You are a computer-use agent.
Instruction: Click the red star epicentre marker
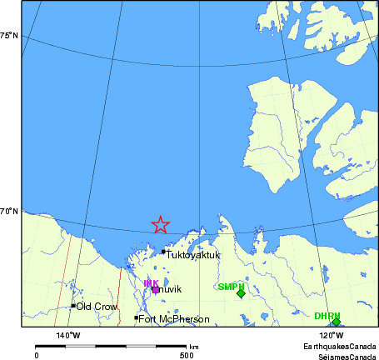click(x=161, y=224)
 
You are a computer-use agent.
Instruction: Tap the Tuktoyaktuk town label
click(x=193, y=255)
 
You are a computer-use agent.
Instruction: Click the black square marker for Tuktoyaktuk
click(x=163, y=251)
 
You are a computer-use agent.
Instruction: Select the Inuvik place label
click(x=167, y=289)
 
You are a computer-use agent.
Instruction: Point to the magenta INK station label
click(x=151, y=283)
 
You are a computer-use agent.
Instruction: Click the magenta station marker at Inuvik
click(x=155, y=290)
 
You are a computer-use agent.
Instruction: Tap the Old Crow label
click(x=96, y=307)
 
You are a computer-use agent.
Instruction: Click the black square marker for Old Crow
click(x=73, y=306)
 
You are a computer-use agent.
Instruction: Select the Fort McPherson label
click(x=173, y=318)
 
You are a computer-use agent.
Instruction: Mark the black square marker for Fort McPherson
click(x=136, y=317)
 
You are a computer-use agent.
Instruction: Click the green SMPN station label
click(x=230, y=287)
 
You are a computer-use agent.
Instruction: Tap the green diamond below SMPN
click(x=241, y=293)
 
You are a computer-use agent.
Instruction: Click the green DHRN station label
click(x=327, y=316)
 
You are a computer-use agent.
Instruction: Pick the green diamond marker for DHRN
click(x=336, y=322)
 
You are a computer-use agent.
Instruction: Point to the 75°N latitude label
click(x=9, y=35)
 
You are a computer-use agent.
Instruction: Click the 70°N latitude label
click(x=9, y=212)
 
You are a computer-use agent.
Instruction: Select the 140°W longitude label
click(x=68, y=335)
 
